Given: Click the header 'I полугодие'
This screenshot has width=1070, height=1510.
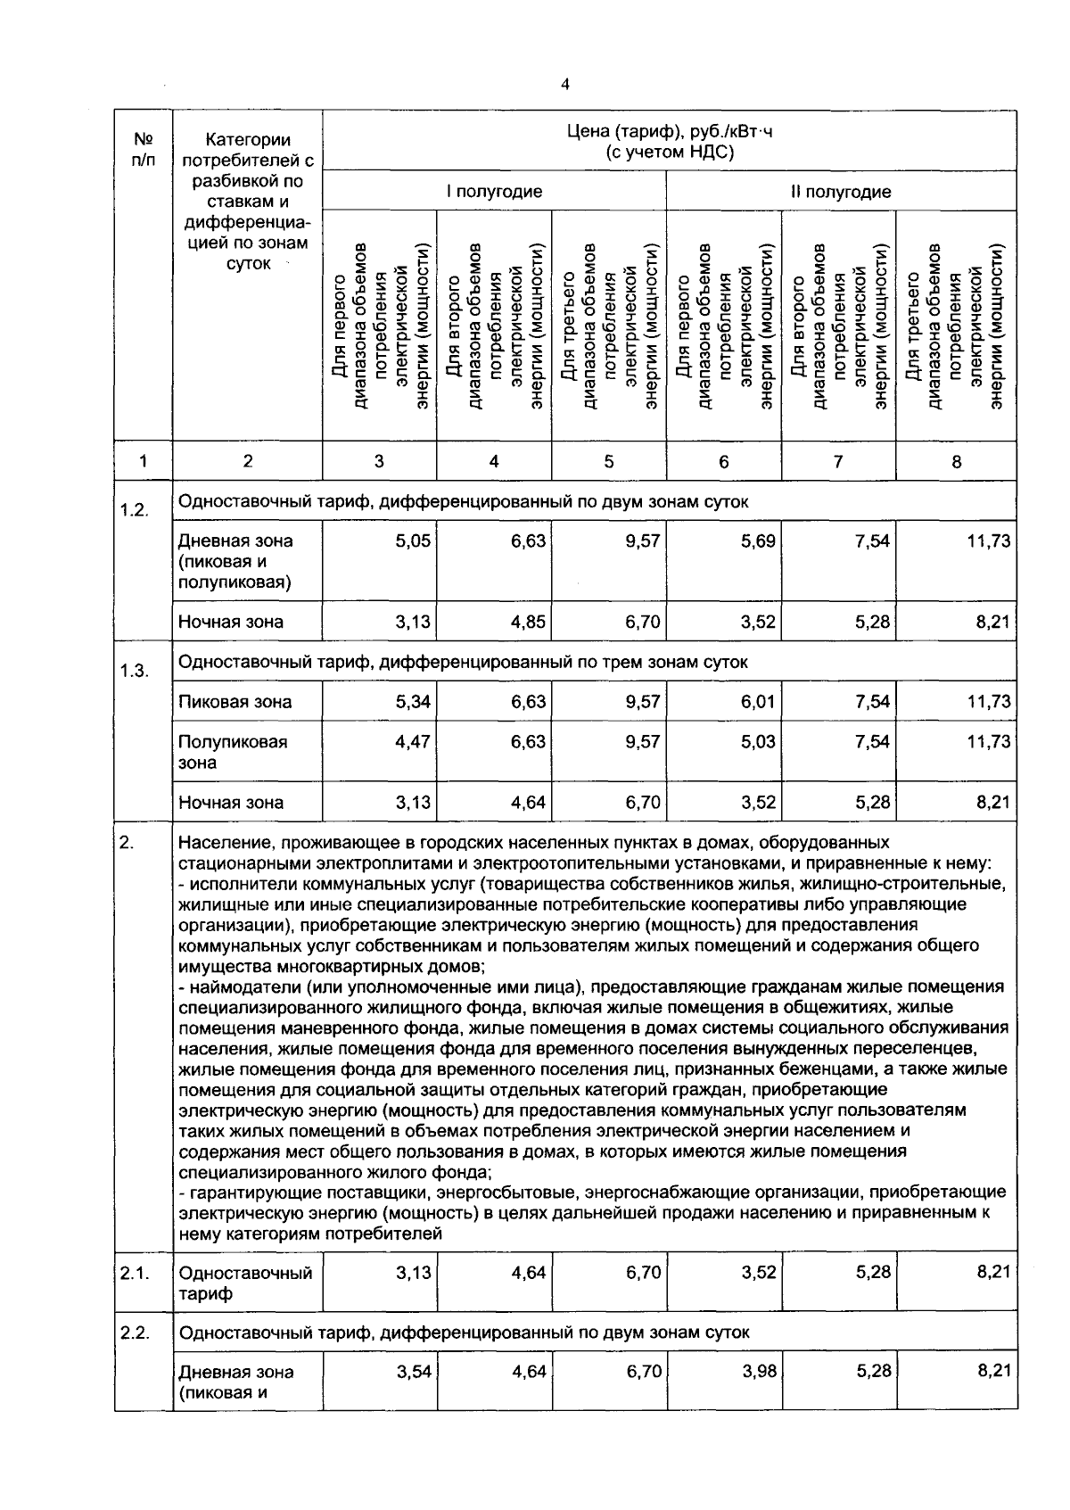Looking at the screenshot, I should point(494,192).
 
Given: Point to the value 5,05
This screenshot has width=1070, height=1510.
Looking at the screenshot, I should point(413,541).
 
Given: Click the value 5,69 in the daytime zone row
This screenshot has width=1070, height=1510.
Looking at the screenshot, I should point(758,541).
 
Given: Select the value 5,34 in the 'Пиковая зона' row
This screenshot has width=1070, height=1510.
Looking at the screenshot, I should point(413,702).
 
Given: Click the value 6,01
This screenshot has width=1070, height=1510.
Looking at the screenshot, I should point(758,702).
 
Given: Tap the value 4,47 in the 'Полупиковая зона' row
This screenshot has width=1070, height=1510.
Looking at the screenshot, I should point(413,742).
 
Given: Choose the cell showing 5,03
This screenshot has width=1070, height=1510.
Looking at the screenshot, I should point(758,742).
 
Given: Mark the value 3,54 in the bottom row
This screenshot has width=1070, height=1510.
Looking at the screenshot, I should point(413,1372).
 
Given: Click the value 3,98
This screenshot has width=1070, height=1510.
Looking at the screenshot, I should point(759,1372).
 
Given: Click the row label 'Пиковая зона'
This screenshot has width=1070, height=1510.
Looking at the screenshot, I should point(235,702).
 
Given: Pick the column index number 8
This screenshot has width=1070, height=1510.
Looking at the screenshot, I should point(956,462).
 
